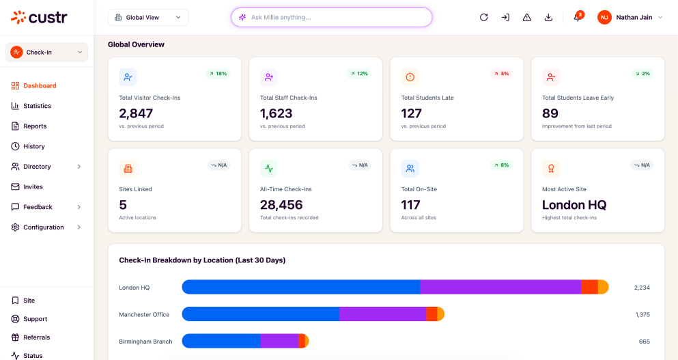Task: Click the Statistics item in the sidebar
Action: click(31, 106)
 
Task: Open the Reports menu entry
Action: click(29, 126)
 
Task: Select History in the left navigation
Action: click(28, 146)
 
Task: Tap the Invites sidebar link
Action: click(27, 187)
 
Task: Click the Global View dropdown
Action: click(148, 17)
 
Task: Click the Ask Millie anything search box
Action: click(332, 17)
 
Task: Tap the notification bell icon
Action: click(577, 17)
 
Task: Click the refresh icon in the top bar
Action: click(484, 17)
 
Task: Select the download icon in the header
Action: click(548, 17)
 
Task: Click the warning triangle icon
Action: click(526, 17)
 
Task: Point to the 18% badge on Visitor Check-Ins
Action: click(218, 74)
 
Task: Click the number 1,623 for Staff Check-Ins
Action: click(277, 113)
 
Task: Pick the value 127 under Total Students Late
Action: click(411, 113)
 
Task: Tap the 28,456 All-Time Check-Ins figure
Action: click(281, 205)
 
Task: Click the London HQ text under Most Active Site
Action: click(574, 205)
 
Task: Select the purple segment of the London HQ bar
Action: click(500, 287)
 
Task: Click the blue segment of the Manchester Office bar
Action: click(260, 314)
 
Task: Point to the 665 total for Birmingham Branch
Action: click(645, 342)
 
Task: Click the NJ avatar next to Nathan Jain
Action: click(604, 17)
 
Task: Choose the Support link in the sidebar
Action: click(29, 319)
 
